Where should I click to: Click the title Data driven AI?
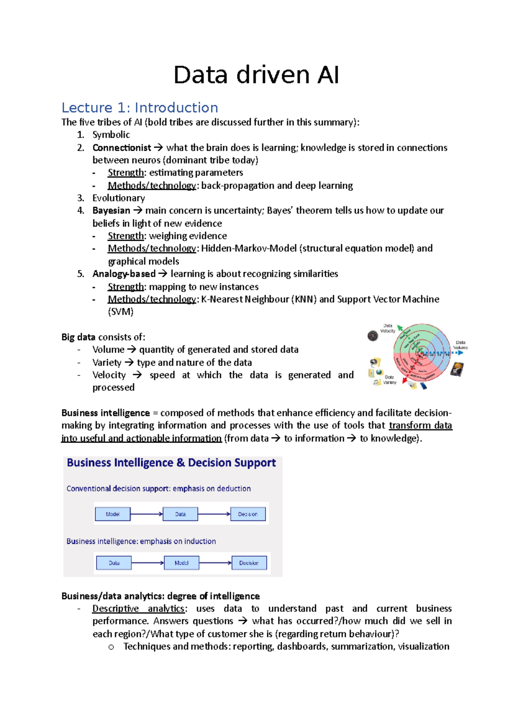click(256, 75)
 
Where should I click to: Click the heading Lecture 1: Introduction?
click(140, 108)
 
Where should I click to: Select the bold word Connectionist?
click(121, 148)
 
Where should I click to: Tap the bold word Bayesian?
click(111, 211)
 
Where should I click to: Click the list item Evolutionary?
click(118, 198)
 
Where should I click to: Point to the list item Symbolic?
click(111, 135)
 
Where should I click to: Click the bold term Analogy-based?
click(124, 274)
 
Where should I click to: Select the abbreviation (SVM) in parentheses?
click(121, 312)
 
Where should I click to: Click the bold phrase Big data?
click(78, 337)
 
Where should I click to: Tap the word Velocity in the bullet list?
click(109, 375)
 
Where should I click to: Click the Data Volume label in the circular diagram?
click(460, 345)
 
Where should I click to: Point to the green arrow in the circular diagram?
click(400, 328)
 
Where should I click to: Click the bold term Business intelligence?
click(106, 413)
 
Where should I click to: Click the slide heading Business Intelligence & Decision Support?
click(171, 463)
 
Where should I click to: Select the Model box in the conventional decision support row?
click(112, 514)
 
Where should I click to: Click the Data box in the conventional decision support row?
click(180, 514)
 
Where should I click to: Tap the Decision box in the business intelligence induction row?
click(249, 563)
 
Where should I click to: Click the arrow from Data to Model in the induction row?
click(147, 563)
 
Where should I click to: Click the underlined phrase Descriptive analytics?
click(139, 609)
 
